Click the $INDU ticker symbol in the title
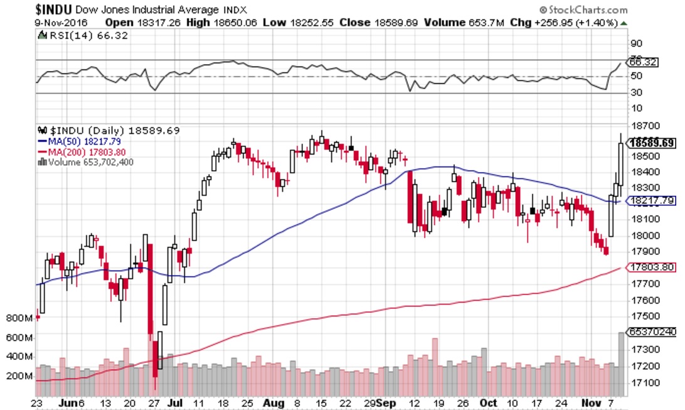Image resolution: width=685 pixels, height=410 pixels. tap(56, 9)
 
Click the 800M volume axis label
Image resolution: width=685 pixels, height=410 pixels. tap(19, 318)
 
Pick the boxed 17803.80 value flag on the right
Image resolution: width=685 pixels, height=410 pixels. tap(652, 267)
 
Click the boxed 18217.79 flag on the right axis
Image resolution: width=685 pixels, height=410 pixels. tap(652, 201)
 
